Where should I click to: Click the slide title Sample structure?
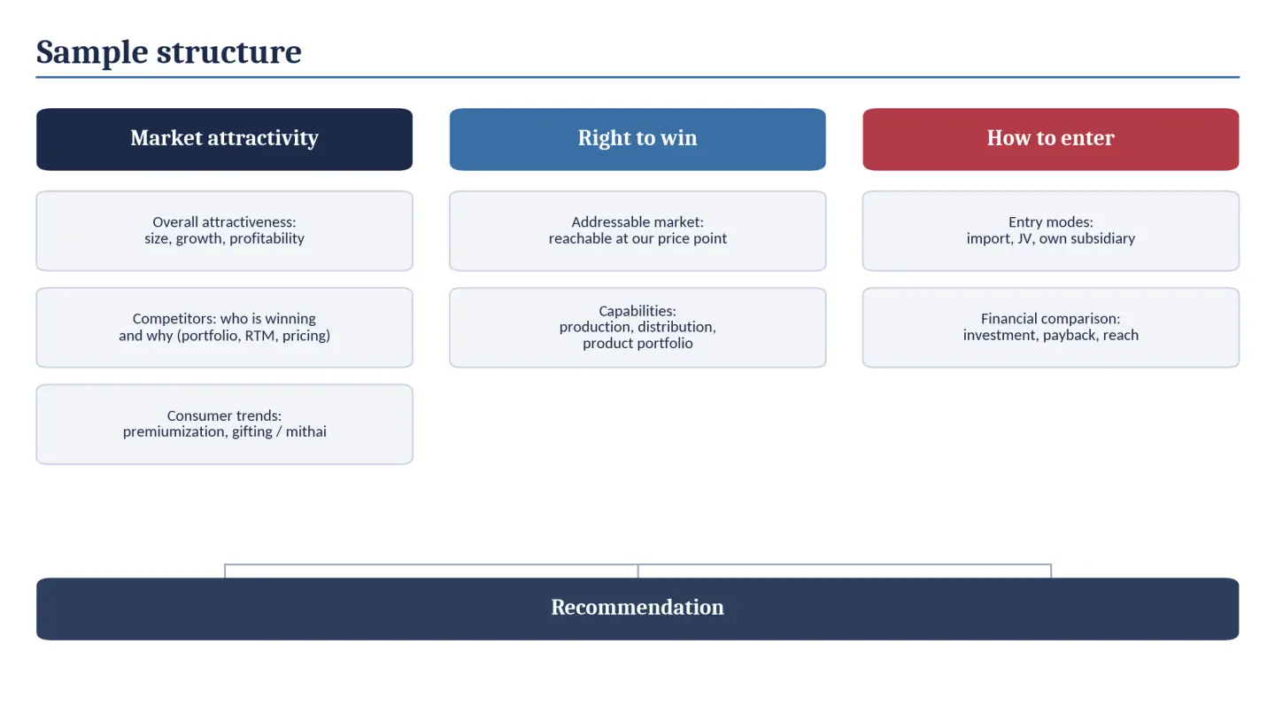tap(168, 51)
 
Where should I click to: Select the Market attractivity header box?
tap(224, 139)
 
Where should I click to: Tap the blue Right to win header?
tap(637, 139)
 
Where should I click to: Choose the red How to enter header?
tap(1051, 139)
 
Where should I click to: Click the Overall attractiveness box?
tap(224, 230)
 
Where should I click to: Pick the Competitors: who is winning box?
tap(224, 328)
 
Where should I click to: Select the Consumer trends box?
tap(224, 424)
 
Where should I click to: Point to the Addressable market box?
tap(637, 230)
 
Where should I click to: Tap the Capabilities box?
tap(637, 328)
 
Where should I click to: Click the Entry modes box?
tap(1051, 230)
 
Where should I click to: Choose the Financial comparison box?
tap(1051, 328)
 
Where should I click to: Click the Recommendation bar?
tap(637, 609)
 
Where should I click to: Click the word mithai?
tap(305, 431)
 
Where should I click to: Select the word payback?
tap(1070, 336)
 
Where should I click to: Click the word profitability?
tap(267, 238)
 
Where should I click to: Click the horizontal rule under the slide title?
tap(637, 77)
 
